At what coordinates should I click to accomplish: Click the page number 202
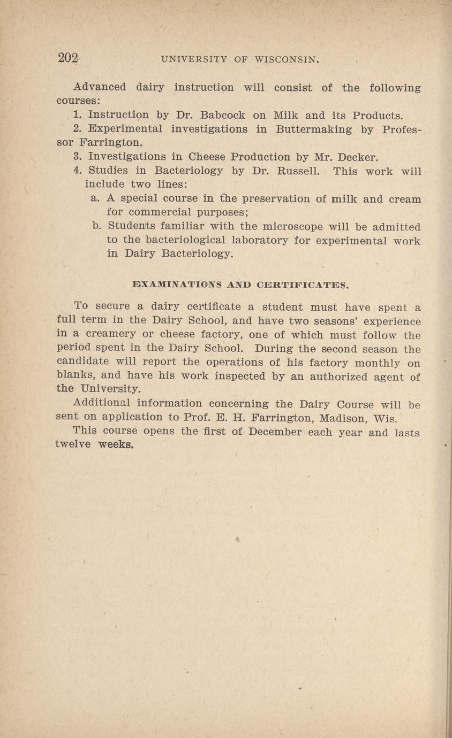click(68, 58)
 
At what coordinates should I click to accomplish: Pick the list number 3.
click(77, 157)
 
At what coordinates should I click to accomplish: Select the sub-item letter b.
click(97, 227)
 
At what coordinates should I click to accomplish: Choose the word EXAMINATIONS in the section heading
click(174, 285)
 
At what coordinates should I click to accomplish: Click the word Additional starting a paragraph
click(102, 404)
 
